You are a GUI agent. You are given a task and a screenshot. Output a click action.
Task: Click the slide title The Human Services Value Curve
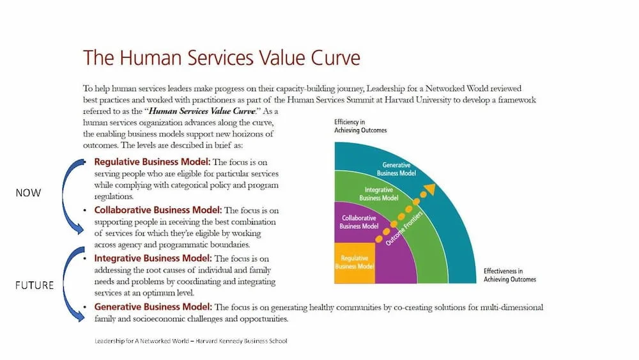click(221, 58)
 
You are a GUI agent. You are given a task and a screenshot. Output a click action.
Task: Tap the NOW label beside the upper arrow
click(28, 192)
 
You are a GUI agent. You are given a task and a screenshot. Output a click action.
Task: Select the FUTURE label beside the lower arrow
click(34, 285)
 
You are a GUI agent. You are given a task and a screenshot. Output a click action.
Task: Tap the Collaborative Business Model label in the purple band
click(359, 222)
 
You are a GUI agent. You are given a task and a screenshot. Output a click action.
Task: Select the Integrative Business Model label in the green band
click(379, 194)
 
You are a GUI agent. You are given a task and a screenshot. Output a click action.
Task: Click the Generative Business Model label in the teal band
click(396, 169)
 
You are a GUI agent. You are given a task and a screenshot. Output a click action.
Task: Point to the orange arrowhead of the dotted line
click(430, 189)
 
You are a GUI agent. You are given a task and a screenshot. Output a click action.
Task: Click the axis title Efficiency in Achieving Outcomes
click(360, 126)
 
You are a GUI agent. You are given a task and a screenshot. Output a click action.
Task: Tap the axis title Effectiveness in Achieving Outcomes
click(509, 275)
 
